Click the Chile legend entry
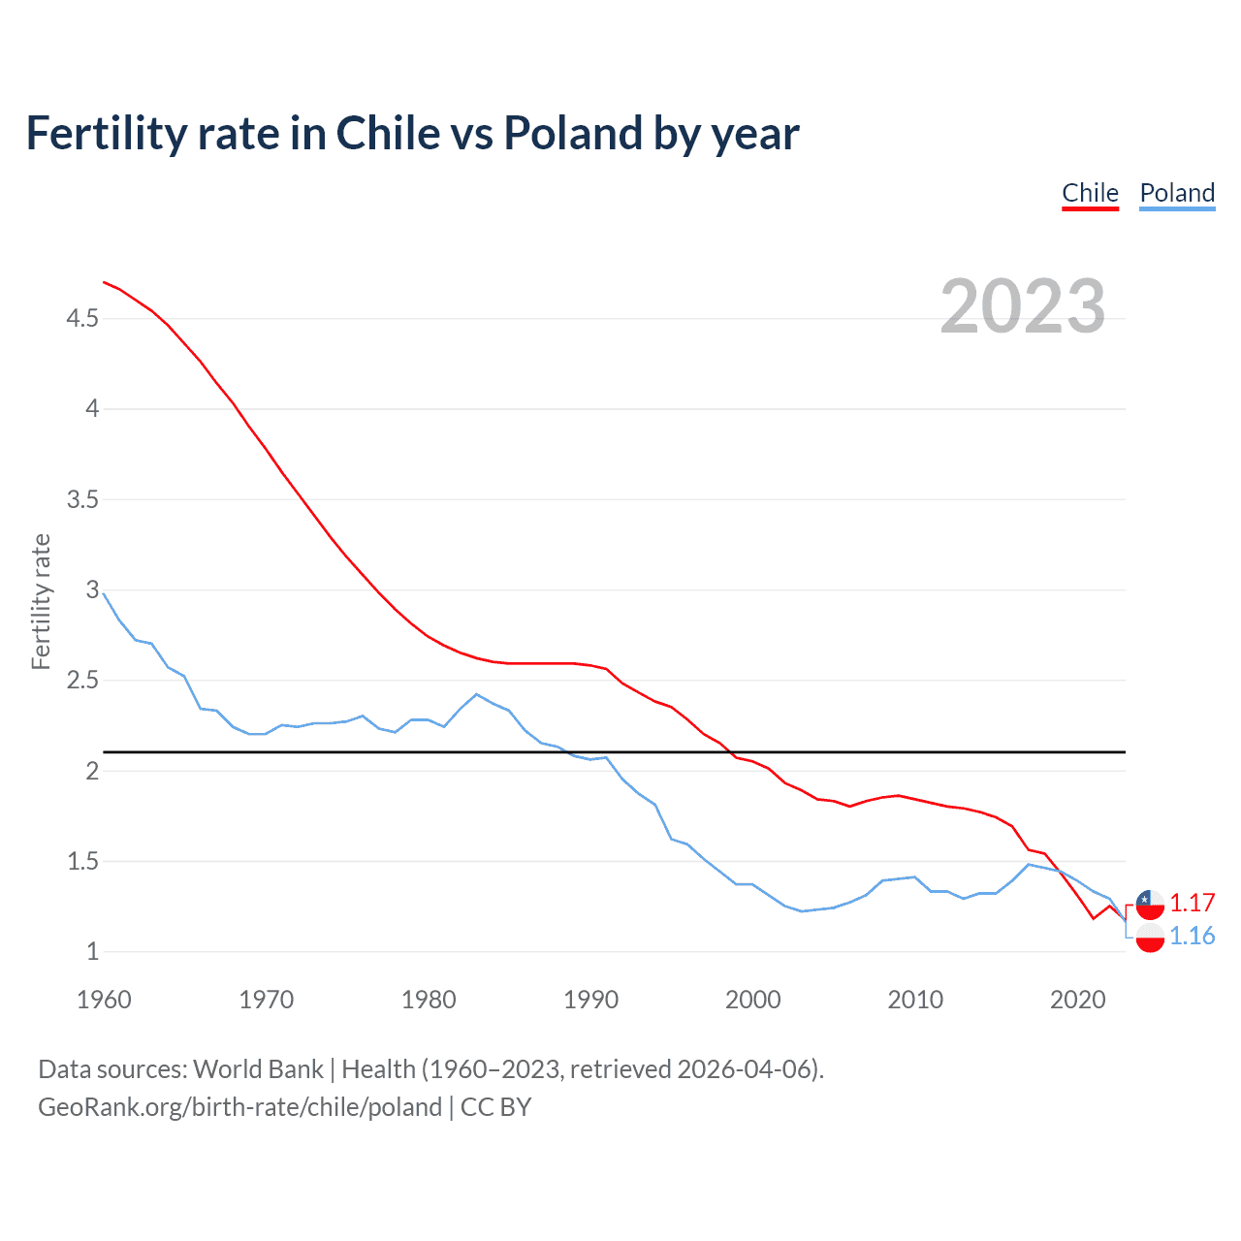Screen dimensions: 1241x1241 (1090, 193)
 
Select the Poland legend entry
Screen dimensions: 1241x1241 (1177, 193)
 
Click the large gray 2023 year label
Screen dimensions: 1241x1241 (1023, 306)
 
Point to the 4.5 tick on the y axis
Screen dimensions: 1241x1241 (82, 318)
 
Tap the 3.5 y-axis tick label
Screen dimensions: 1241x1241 (82, 499)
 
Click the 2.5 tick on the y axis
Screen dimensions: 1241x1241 (82, 681)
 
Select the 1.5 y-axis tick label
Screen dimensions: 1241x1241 (82, 861)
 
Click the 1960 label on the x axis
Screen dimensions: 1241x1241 (104, 1000)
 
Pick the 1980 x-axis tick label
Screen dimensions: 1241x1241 (429, 1000)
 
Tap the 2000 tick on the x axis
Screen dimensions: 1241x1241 (752, 1000)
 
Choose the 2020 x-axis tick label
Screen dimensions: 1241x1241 (1077, 1000)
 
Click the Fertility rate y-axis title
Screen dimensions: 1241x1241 (41, 601)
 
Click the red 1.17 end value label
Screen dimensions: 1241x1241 (1192, 903)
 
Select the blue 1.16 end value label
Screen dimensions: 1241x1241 (1192, 936)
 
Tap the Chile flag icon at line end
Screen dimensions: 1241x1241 (1150, 904)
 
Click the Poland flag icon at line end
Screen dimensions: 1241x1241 (1150, 938)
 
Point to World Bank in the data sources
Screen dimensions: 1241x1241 (258, 1068)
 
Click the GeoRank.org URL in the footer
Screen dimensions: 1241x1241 (239, 1107)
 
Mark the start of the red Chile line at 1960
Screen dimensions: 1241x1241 (104, 282)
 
